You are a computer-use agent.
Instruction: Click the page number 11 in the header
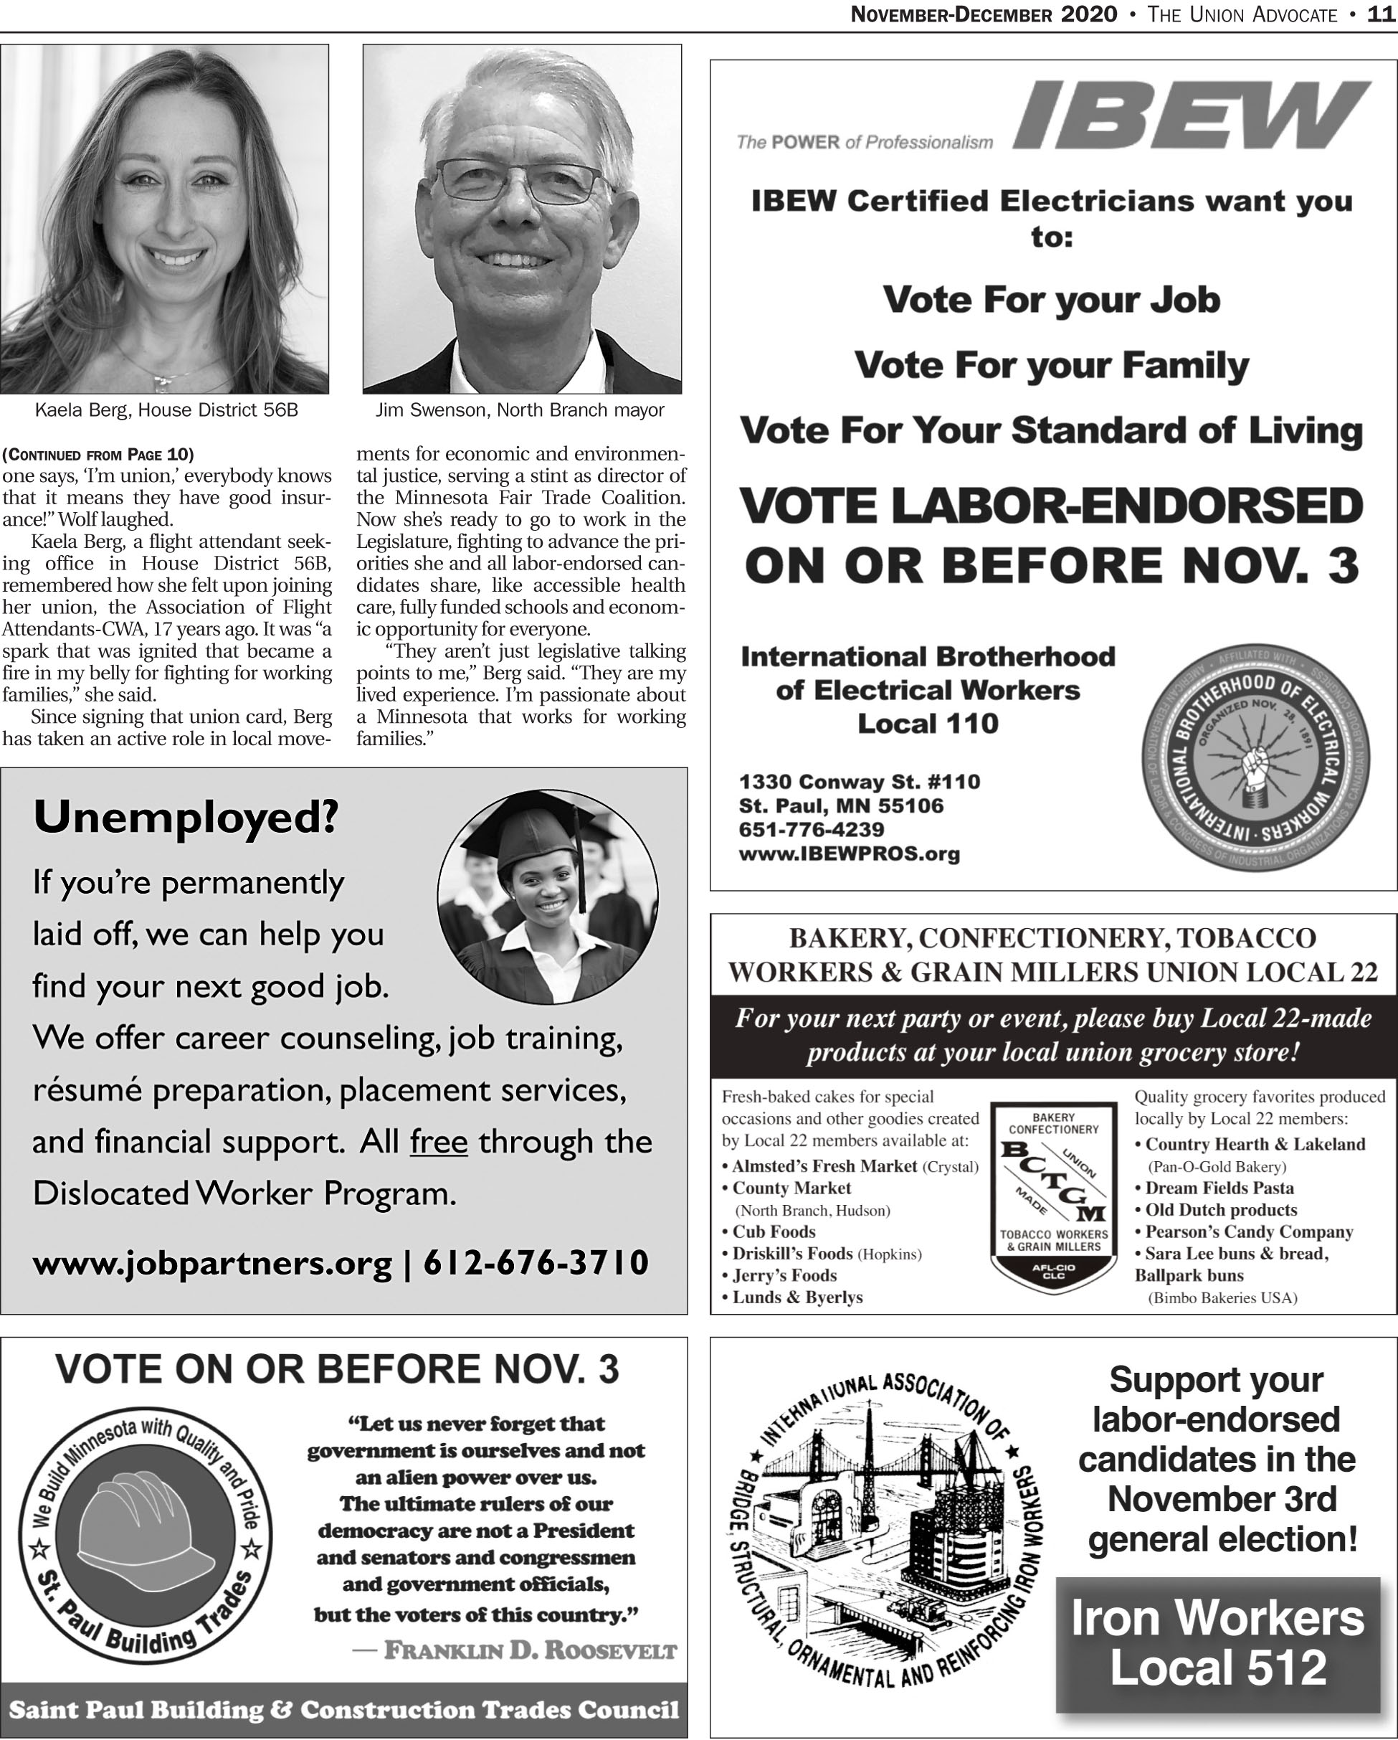[1382, 14]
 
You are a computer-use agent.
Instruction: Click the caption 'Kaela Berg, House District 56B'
[166, 410]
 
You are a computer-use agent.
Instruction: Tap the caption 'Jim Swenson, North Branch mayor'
[520, 410]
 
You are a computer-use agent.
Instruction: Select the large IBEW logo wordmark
[1191, 116]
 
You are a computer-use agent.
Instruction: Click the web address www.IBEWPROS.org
[850, 854]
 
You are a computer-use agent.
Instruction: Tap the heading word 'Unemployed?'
[186, 818]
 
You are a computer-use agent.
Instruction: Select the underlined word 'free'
[439, 1142]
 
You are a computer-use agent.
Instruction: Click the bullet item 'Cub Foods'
[774, 1231]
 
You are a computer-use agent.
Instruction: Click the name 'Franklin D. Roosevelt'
[530, 1650]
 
